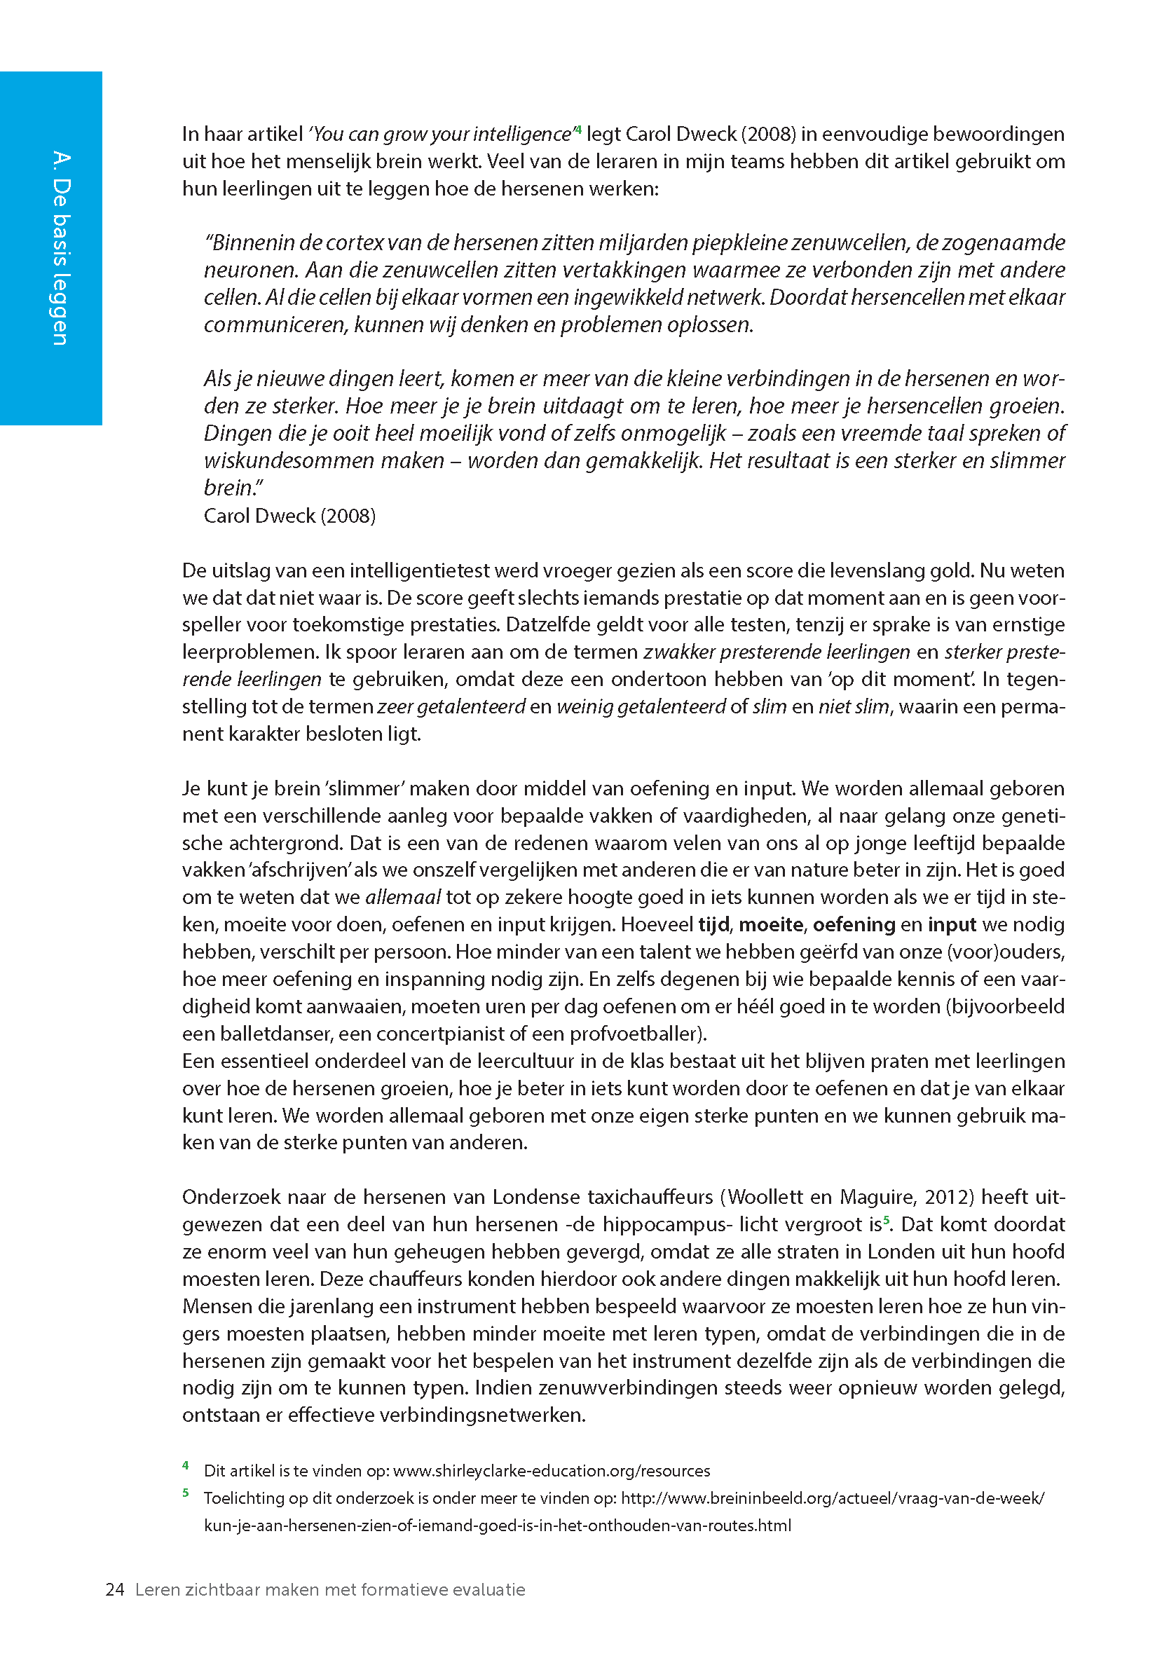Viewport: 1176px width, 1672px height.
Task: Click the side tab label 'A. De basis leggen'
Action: point(60,247)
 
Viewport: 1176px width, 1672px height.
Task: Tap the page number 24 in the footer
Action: point(115,1590)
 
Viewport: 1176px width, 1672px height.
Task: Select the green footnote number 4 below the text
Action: point(186,1465)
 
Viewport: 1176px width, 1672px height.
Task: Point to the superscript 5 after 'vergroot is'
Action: point(886,1220)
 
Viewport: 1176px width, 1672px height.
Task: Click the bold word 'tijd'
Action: point(713,925)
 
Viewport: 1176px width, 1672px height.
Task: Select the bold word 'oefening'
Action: point(854,925)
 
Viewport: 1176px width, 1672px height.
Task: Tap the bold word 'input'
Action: point(952,925)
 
